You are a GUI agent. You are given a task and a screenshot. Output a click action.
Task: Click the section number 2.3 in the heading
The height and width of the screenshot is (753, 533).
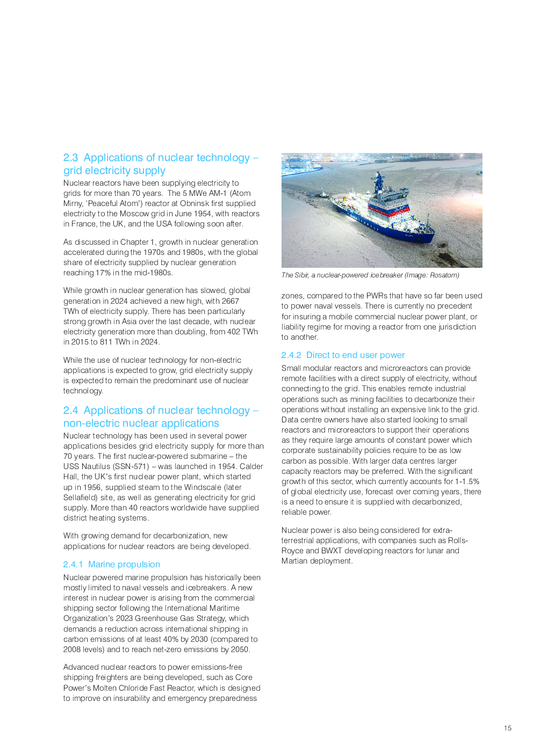70,158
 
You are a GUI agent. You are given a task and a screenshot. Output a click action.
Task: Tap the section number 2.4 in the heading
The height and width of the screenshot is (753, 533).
70,411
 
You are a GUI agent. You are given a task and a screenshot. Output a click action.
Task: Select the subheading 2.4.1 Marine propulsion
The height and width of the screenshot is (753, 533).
112,565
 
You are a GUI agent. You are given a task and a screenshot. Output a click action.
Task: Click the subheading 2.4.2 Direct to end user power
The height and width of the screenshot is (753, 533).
343,355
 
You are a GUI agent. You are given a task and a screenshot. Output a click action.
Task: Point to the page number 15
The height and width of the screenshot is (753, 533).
508,728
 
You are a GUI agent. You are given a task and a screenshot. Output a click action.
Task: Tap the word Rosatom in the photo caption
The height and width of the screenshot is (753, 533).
444,275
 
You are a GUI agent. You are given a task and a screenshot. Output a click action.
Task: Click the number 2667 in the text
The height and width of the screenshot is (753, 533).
230,301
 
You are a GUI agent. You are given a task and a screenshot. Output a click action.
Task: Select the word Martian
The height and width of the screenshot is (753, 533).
294,561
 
